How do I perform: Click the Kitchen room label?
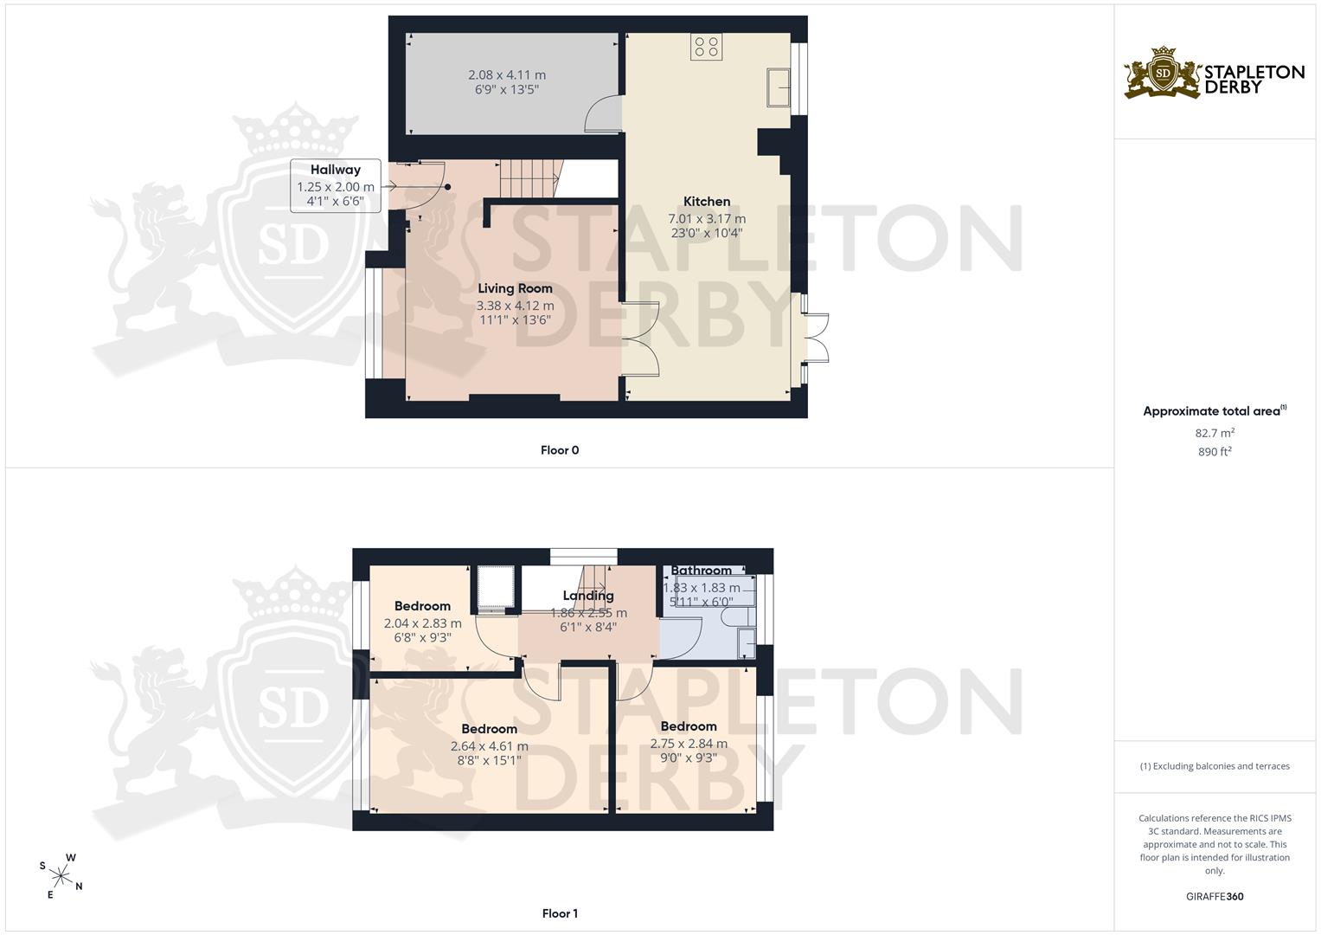tap(707, 201)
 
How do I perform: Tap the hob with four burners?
tap(706, 47)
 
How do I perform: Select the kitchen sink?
tap(778, 87)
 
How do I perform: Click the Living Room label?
tap(515, 288)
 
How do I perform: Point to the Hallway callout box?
tap(336, 185)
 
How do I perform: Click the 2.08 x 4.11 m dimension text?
tap(507, 75)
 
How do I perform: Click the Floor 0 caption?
tap(560, 450)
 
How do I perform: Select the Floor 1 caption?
tap(560, 913)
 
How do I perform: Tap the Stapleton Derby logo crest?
tap(1163, 74)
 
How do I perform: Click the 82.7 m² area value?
tap(1215, 433)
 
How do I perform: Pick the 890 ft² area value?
tap(1215, 452)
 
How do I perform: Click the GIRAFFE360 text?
tap(1215, 897)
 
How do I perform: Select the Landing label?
tap(588, 596)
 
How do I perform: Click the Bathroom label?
tap(702, 571)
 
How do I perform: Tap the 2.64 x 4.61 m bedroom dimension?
tap(490, 746)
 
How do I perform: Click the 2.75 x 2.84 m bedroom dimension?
tap(689, 744)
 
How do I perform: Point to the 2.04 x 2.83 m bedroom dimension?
tap(423, 623)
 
